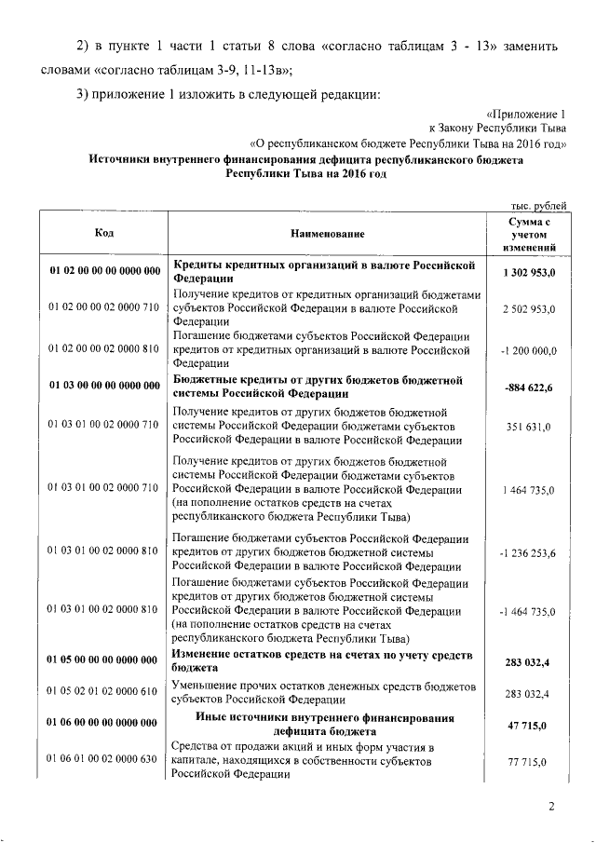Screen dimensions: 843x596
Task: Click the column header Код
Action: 104,233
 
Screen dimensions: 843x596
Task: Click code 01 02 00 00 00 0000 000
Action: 103,271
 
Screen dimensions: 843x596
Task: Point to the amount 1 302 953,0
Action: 529,271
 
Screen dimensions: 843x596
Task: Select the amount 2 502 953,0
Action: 529,307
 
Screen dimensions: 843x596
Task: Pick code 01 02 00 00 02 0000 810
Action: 103,347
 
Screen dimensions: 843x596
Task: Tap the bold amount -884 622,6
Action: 529,388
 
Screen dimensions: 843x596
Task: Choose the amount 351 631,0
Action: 529,427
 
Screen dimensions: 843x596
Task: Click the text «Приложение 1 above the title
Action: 525,113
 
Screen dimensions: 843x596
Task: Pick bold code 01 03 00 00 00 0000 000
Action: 103,388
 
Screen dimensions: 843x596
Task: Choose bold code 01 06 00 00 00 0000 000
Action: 103,723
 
